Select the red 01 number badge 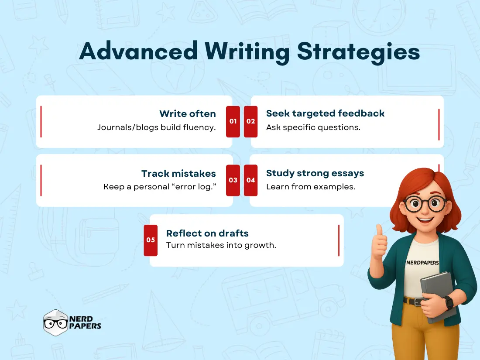click(x=233, y=121)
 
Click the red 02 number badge click(x=250, y=121)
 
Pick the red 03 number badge click(x=233, y=180)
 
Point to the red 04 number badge click(x=250, y=180)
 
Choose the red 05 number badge click(x=151, y=240)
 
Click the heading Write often click(x=187, y=114)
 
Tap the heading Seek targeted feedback click(x=325, y=113)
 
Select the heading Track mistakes click(x=178, y=173)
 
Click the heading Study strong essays click(x=315, y=173)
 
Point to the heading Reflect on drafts click(x=207, y=233)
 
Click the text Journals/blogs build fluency click(x=156, y=128)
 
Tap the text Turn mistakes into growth click(x=221, y=245)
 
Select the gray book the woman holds click(x=438, y=297)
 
